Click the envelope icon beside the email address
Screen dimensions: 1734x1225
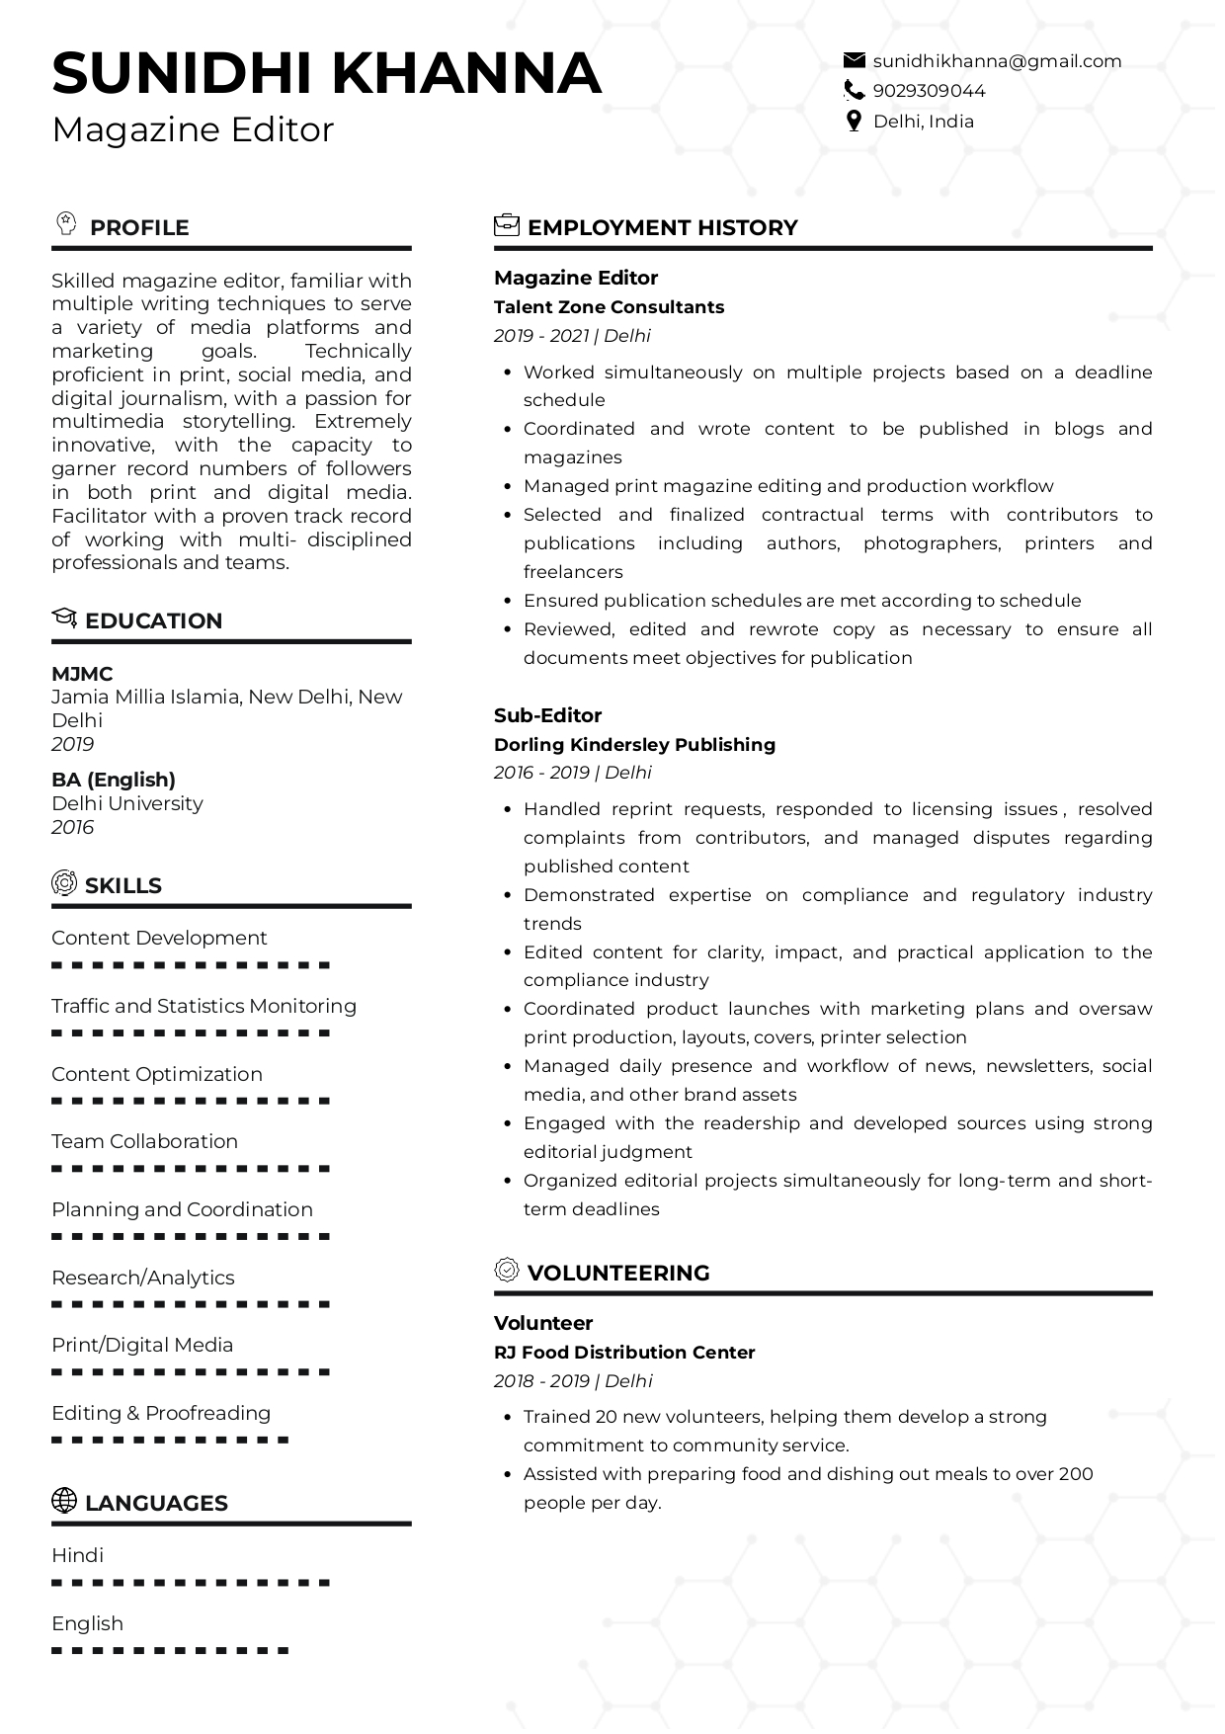[x=854, y=61]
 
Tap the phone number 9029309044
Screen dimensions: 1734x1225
[x=929, y=91]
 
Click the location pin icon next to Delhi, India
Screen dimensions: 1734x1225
[x=854, y=122]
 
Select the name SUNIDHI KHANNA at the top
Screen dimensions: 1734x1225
[x=326, y=73]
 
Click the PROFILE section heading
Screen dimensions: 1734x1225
[x=138, y=227]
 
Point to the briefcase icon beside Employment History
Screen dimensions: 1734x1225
[x=506, y=225]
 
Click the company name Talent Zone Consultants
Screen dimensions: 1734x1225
[x=609, y=307]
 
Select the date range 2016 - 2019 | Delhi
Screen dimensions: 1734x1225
[x=573, y=773]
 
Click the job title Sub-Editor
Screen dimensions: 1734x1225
[x=547, y=715]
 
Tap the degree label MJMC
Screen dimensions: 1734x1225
[x=82, y=674]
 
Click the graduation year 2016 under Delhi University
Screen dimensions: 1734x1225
[x=72, y=827]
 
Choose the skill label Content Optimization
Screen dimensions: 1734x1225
[x=157, y=1074]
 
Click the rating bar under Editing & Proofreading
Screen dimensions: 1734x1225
[x=170, y=1440]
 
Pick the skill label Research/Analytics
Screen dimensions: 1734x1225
[x=143, y=1278]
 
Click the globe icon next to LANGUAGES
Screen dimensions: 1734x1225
[x=63, y=1501]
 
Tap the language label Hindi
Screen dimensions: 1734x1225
[x=77, y=1555]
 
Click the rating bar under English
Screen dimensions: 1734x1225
[x=170, y=1650]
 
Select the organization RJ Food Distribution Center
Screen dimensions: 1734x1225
[x=624, y=1353]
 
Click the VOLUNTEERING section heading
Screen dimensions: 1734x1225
[x=618, y=1273]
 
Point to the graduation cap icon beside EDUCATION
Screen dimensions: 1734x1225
[x=63, y=619]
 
